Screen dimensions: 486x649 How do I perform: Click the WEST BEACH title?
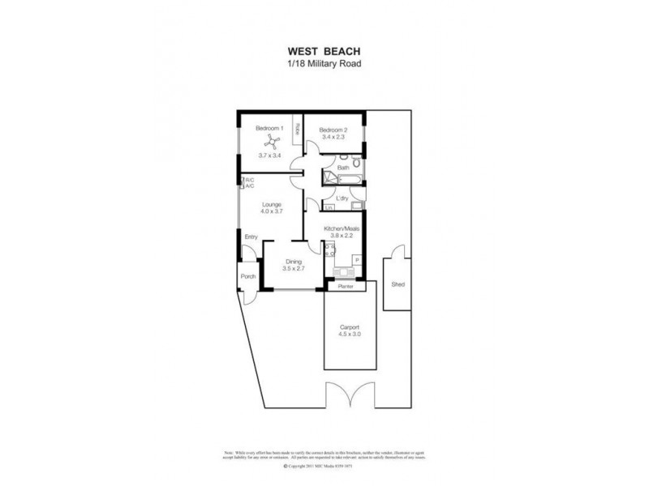(x=325, y=49)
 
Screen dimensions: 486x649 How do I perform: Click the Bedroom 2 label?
(x=333, y=129)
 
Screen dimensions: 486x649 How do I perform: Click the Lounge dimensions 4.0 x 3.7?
(x=271, y=212)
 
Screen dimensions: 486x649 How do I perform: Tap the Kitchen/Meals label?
(x=342, y=229)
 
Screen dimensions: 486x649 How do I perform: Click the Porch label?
(x=247, y=277)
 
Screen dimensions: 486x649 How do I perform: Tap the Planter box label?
(x=346, y=286)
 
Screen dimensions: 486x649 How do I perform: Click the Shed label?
(x=398, y=285)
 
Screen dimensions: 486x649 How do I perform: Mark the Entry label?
(x=251, y=237)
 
